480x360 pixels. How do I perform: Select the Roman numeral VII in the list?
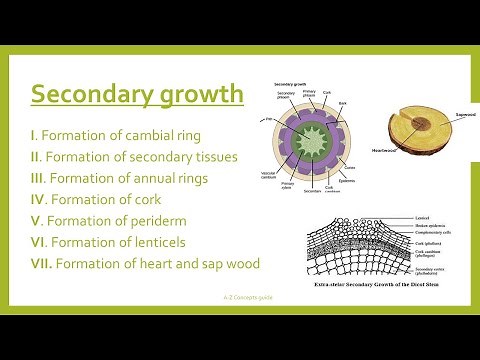point(42,264)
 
